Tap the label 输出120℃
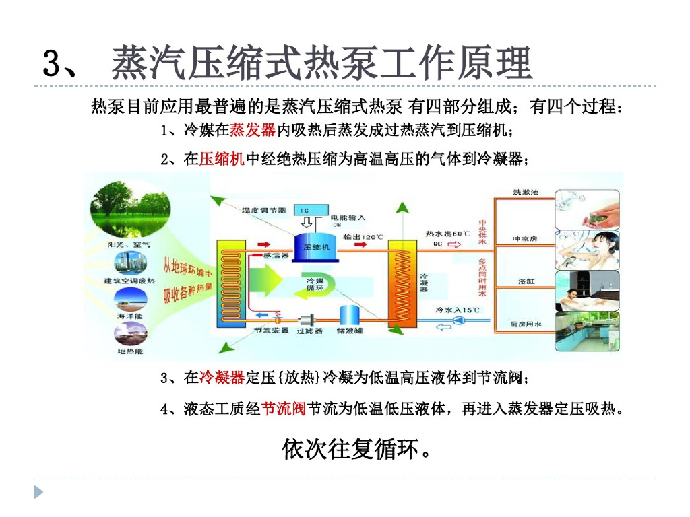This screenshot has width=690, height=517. tap(363, 237)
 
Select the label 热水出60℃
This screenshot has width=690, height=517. tap(447, 234)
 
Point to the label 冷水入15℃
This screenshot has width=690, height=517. tap(458, 310)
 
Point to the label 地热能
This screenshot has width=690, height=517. tap(129, 351)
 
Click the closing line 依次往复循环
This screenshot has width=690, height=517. tap(357, 449)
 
